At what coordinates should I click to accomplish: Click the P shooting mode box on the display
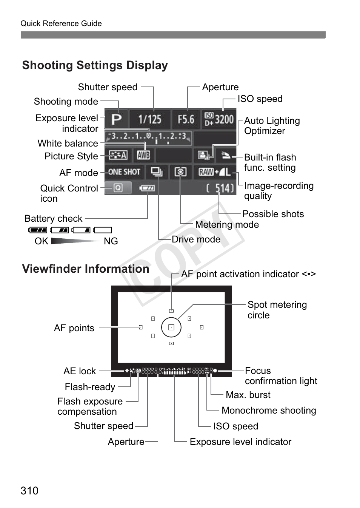click(116, 119)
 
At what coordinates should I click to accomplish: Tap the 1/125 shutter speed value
click(149, 119)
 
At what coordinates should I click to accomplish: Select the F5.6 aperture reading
click(186, 119)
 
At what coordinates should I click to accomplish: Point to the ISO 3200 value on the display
click(219, 119)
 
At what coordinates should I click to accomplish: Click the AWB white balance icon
click(143, 155)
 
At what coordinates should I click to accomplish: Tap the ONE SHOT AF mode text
click(124, 172)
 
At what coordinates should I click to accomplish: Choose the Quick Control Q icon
click(118, 188)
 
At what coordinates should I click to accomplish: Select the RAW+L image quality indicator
click(214, 172)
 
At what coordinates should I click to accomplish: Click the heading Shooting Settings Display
click(95, 65)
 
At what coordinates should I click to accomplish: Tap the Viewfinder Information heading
click(86, 269)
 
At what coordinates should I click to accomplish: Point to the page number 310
click(29, 491)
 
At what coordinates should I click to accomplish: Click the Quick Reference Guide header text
click(61, 23)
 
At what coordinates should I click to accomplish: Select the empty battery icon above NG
click(103, 230)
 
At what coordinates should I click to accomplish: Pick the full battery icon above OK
click(38, 230)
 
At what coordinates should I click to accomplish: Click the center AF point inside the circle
click(171, 327)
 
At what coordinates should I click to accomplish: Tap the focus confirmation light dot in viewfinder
click(215, 371)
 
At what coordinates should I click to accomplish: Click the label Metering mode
click(227, 224)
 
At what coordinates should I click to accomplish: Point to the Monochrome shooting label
click(269, 410)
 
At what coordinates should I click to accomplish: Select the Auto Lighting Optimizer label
click(272, 126)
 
